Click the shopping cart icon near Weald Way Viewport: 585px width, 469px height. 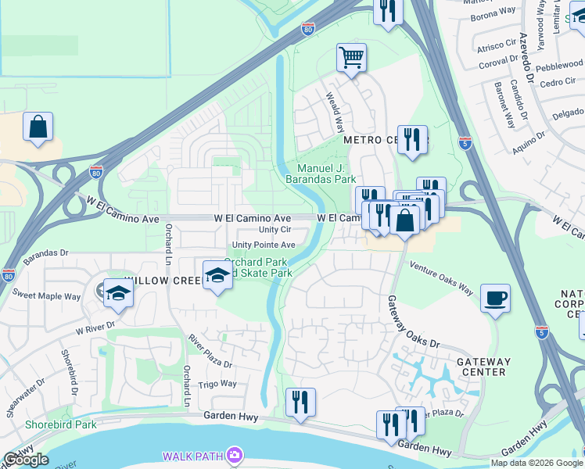pyautogui.click(x=352, y=57)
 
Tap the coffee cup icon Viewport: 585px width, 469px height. pyautogui.click(x=495, y=298)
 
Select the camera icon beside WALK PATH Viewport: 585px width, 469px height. pyautogui.click(x=234, y=455)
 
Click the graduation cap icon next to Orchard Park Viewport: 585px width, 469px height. pyautogui.click(x=217, y=275)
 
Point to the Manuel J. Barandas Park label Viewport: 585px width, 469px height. pyautogui.click(x=326, y=174)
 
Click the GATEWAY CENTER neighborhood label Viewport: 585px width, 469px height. pyautogui.click(x=483, y=367)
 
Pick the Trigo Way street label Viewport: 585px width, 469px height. pyautogui.click(x=217, y=384)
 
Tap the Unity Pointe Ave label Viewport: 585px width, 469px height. pyautogui.click(x=258, y=245)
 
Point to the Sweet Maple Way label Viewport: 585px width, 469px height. pyautogui.click(x=46, y=295)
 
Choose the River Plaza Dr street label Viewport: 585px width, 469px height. pyautogui.click(x=210, y=352)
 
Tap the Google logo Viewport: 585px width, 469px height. pyautogui.click(x=26, y=460)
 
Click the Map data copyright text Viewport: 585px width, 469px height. pyautogui.click(x=536, y=463)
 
